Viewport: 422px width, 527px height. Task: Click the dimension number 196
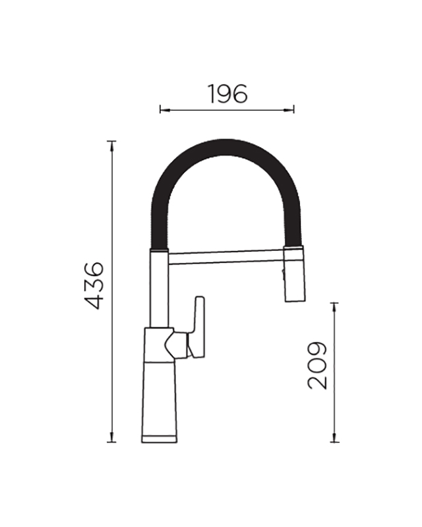(227, 94)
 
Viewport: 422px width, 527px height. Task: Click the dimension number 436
(94, 285)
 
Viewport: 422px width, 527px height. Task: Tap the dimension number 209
(317, 366)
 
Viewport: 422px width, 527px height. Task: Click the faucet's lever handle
(198, 327)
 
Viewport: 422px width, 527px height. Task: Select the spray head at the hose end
(295, 273)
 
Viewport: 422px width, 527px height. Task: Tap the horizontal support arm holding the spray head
(226, 257)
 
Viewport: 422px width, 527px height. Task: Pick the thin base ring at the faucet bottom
(159, 439)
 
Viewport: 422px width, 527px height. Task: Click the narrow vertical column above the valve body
(159, 289)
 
